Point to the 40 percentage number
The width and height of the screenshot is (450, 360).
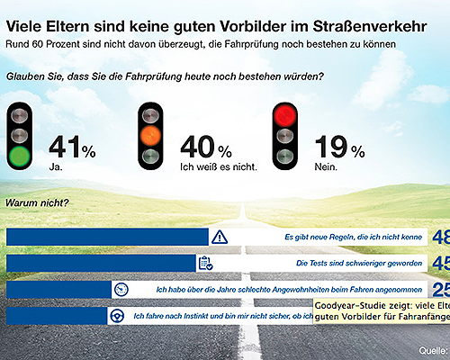coord(198,146)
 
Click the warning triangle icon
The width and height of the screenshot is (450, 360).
coord(221,237)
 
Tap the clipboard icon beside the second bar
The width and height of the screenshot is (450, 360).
coord(205,263)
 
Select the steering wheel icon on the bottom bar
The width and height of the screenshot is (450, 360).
coord(117,316)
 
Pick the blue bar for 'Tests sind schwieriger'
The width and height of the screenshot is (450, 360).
coord(100,263)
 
